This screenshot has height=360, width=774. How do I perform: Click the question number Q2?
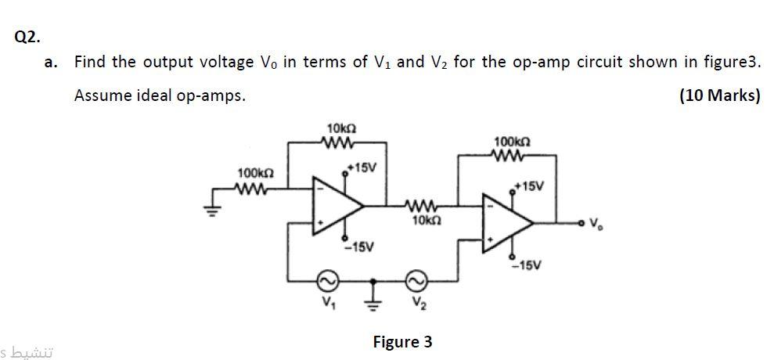point(27,36)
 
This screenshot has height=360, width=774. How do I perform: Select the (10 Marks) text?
point(719,95)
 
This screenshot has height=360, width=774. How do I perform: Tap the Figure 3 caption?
point(402,342)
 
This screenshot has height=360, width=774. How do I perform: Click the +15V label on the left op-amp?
point(362,167)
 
